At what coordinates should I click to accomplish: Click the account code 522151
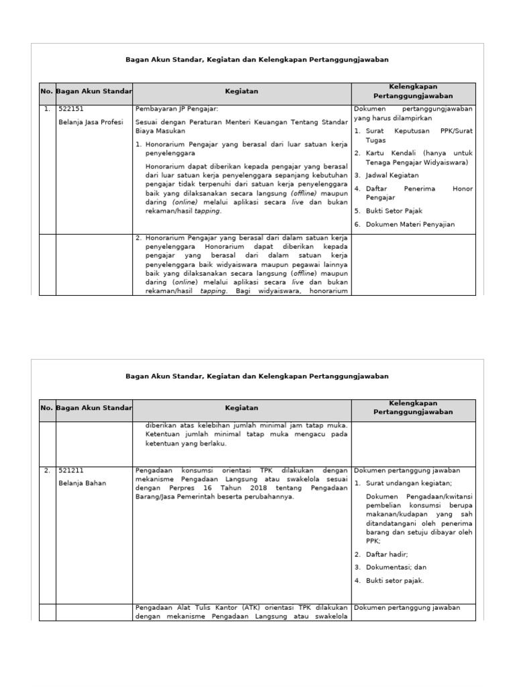pos(71,109)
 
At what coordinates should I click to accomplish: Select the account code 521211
pos(71,471)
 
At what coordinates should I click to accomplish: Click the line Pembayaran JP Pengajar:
pos(176,109)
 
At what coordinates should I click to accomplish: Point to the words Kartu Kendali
pos(392,153)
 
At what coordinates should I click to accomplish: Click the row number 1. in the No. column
pos(46,109)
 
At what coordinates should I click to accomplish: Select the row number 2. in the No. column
pos(46,471)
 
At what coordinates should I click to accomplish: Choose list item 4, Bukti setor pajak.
pos(395,580)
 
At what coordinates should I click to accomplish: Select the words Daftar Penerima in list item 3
pos(396,189)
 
